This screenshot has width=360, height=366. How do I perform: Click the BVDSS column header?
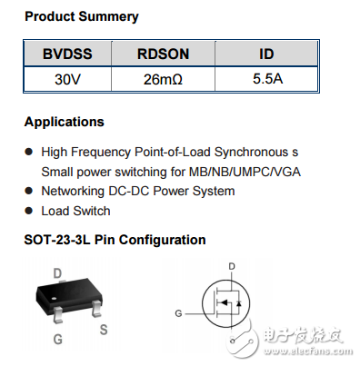coord(67,54)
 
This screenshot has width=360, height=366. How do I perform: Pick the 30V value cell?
coord(67,78)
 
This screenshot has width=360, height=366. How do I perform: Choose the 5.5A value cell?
coord(267,78)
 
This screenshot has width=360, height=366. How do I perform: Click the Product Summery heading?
coord(82,16)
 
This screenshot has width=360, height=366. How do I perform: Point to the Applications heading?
coord(64,122)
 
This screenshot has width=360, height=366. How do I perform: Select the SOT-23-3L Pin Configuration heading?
coord(115,240)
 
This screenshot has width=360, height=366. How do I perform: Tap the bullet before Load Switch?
coord(29,211)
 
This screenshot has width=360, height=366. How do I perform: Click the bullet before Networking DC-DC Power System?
coord(29,191)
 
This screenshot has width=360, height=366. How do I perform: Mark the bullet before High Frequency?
coord(29,151)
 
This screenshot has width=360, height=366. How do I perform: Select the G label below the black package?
coord(58,340)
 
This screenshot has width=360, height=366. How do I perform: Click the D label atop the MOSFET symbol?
coord(232,267)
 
